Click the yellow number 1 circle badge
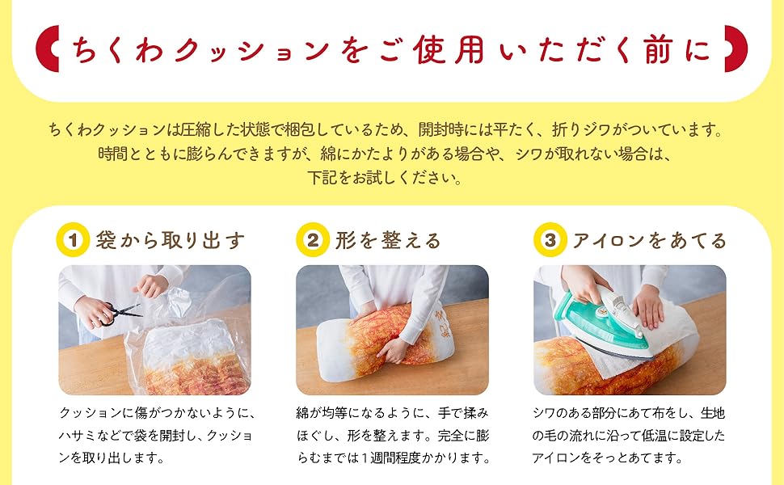(x=73, y=239)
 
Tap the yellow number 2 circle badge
(x=313, y=239)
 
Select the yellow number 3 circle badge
(x=550, y=239)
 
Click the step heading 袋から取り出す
(x=171, y=241)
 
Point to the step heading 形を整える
(x=388, y=241)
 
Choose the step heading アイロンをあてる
(x=650, y=241)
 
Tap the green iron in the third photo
(x=602, y=323)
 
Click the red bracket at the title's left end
(x=48, y=49)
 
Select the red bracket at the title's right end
(x=736, y=49)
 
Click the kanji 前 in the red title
(x=658, y=50)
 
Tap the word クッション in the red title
(x=252, y=51)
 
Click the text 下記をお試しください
(x=385, y=178)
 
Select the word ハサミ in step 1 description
(x=77, y=436)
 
